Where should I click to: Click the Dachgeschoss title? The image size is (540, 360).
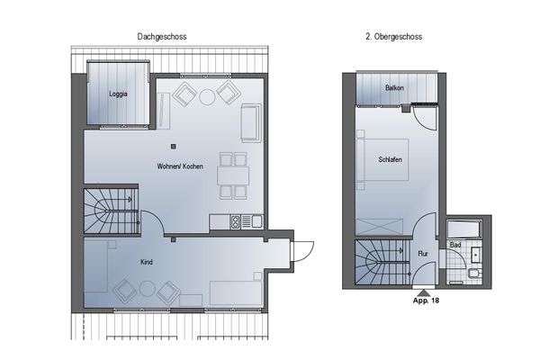coord(162,37)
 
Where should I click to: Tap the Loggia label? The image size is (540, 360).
coord(117,94)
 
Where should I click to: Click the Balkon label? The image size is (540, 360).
coord(393,88)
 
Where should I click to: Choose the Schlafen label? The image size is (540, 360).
coord(390,159)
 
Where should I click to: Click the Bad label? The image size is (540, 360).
coord(455,245)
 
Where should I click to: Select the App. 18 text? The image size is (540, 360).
coord(424,301)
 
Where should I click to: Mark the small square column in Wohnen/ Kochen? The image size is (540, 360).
coord(175,147)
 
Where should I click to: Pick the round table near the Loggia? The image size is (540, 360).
coord(206,94)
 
